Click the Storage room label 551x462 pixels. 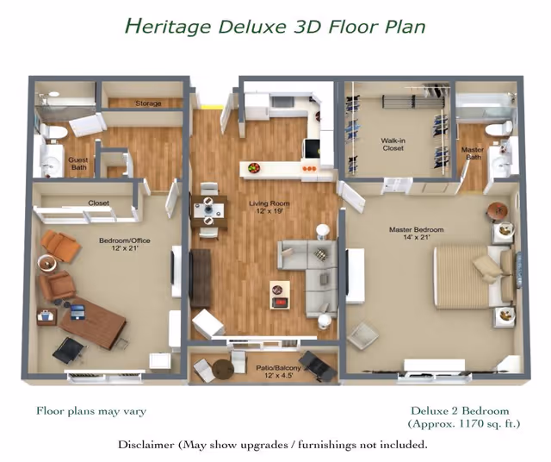pyautogui.click(x=148, y=103)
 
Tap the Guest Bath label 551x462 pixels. pyautogui.click(x=78, y=163)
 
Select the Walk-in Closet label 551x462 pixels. pyautogui.click(x=393, y=144)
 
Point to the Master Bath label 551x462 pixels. pyautogui.click(x=473, y=153)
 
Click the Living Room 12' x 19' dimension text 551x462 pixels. pyautogui.click(x=269, y=211)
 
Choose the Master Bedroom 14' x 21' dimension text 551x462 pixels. pyautogui.click(x=416, y=237)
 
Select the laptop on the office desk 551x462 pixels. pyautogui.click(x=77, y=312)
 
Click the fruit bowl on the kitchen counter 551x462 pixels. pyautogui.click(x=254, y=167)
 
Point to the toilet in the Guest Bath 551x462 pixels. pyautogui.click(x=53, y=132)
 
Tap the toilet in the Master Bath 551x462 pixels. pyautogui.click(x=498, y=128)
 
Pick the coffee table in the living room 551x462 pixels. pyautogui.click(x=280, y=295)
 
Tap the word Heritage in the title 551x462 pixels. pyautogui.click(x=168, y=27)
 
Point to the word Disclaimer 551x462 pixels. pyautogui.click(x=145, y=445)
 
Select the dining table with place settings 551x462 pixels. pyautogui.click(x=208, y=211)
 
